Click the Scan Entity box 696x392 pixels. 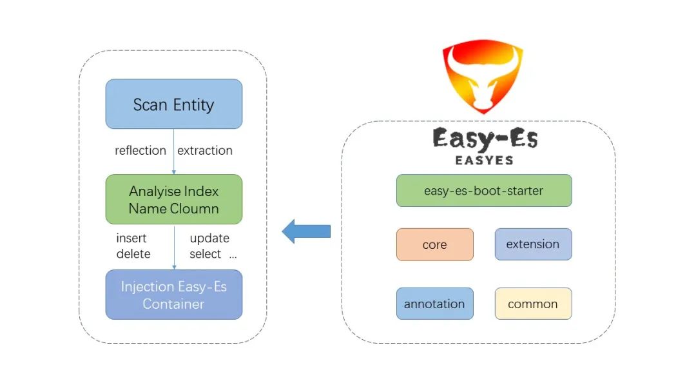(x=173, y=104)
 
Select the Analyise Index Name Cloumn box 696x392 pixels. (x=173, y=200)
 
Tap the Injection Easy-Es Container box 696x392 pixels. (x=173, y=295)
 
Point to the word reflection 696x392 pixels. (x=140, y=150)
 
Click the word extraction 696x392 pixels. (x=205, y=150)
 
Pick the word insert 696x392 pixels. (x=131, y=238)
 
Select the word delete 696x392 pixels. (x=133, y=254)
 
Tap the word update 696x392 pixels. (x=209, y=238)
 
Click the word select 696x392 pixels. (x=206, y=254)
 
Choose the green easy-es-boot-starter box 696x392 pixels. (x=483, y=190)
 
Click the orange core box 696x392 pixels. (x=434, y=244)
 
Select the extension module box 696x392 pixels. (x=533, y=244)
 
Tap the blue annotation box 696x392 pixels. (x=434, y=304)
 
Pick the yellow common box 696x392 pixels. (x=533, y=304)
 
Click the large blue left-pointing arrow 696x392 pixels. (x=306, y=231)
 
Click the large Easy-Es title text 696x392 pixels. (x=485, y=138)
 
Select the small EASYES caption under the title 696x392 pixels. (x=484, y=160)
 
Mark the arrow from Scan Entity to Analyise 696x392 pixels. (x=173, y=152)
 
